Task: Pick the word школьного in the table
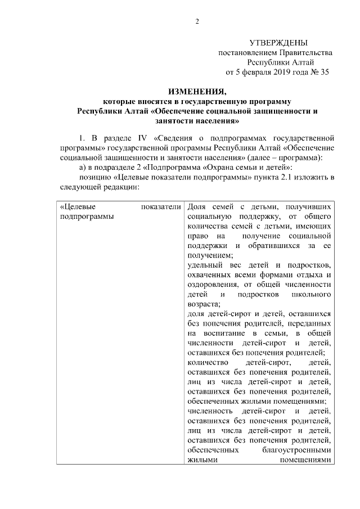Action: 312,295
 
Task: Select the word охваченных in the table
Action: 208,275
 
